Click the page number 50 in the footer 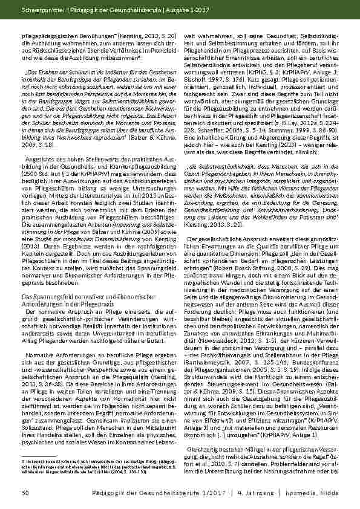(x=25, y=494)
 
